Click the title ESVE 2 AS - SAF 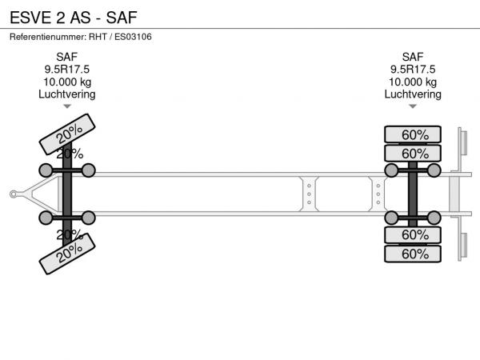pyautogui.click(x=74, y=18)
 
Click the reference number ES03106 pyautogui.click(x=133, y=37)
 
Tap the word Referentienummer pyautogui.click(x=48, y=37)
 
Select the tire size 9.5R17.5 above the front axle pyautogui.click(x=67, y=70)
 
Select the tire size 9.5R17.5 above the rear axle pyautogui.click(x=413, y=70)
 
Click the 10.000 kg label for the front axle pyautogui.click(x=67, y=82)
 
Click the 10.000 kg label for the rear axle pyautogui.click(x=413, y=82)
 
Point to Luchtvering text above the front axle pyautogui.click(x=67, y=94)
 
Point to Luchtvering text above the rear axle pyautogui.click(x=413, y=94)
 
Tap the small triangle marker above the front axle pyautogui.click(x=67, y=106)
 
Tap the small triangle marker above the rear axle pyautogui.click(x=413, y=106)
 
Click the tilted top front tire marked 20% pyautogui.click(x=67, y=134)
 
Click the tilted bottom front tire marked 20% pyautogui.click(x=67, y=254)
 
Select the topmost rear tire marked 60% pyautogui.click(x=413, y=134)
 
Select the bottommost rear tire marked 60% pyautogui.click(x=413, y=254)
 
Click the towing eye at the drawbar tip pyautogui.click(x=14, y=194)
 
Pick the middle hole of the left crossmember pyautogui.click(x=309, y=194)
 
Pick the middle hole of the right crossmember pyautogui.click(x=378, y=194)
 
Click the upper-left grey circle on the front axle pyautogui.click(x=46, y=170)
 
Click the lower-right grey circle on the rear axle pyautogui.click(x=434, y=218)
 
